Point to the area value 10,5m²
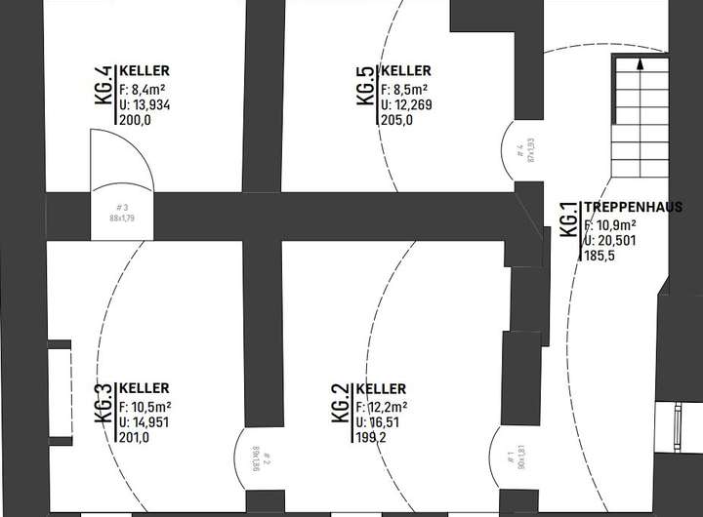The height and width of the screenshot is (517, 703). click(145, 405)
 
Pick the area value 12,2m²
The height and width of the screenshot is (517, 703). click(382, 407)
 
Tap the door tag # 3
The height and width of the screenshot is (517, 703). click(122, 207)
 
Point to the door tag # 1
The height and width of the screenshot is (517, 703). click(511, 455)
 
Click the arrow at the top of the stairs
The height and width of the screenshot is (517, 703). click(639, 65)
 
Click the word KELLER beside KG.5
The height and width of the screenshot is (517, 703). click(405, 71)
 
